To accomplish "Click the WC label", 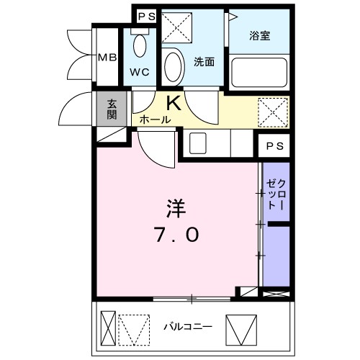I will coord(141,72).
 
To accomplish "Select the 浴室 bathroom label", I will coord(260,35).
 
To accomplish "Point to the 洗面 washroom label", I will coord(204,62).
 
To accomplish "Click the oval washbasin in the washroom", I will coord(173,68).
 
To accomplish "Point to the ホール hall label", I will coord(155,120).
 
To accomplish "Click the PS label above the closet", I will coord(274,146).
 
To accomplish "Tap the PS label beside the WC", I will coord(146,16).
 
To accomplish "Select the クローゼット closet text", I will coord(276,192).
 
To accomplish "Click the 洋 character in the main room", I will coord(176,209).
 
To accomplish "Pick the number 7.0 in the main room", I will coord(177,235).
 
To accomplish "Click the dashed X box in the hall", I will coord(273,112).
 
